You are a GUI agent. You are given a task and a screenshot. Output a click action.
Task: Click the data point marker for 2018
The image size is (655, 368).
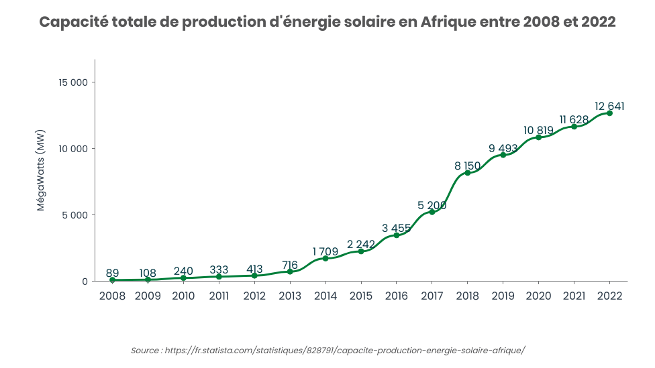click(467, 173)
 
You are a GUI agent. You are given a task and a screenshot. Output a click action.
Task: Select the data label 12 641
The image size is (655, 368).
click(609, 106)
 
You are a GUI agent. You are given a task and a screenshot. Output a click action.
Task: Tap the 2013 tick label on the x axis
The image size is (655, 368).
click(290, 296)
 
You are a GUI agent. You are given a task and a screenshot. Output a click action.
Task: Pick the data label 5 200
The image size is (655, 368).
click(432, 205)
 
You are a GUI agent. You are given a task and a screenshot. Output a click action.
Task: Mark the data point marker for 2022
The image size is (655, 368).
click(609, 113)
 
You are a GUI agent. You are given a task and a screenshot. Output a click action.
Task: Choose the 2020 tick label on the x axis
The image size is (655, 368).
click(538, 296)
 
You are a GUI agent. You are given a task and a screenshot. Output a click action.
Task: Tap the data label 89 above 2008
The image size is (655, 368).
click(112, 273)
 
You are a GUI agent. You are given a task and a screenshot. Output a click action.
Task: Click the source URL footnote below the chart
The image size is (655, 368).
click(327, 351)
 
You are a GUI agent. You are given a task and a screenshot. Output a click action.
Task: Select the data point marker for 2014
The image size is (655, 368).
click(325, 258)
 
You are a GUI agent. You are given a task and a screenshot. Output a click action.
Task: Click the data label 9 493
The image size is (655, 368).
click(503, 148)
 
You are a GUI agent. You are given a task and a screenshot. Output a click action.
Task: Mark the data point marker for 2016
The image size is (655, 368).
click(396, 235)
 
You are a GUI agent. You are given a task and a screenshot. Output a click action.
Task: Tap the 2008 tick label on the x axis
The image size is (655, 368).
click(112, 296)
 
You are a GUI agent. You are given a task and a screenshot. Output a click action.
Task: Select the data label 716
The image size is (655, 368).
click(290, 265)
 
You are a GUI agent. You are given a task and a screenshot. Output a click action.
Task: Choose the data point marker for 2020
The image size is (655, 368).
click(538, 137)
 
